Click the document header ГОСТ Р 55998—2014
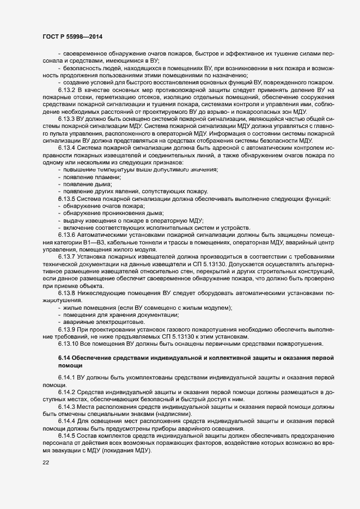72,36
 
